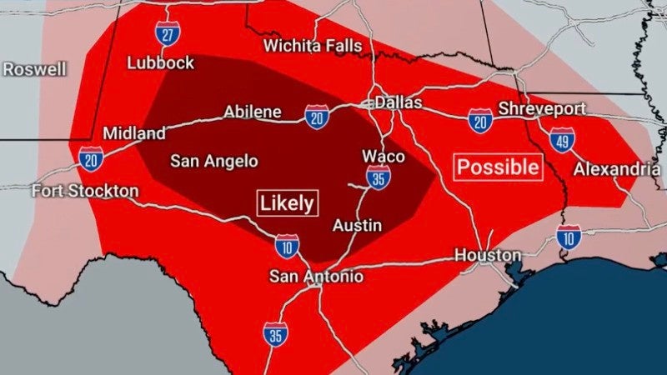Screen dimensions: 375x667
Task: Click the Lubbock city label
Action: pyautogui.click(x=161, y=62)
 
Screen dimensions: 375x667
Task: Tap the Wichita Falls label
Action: pyautogui.click(x=313, y=45)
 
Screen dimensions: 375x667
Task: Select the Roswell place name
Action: pyautogui.click(x=34, y=69)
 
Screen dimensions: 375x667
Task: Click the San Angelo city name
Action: pyautogui.click(x=213, y=161)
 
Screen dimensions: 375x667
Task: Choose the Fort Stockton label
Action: pyautogui.click(x=85, y=191)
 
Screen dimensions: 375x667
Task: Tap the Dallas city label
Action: pyautogui.click(x=398, y=103)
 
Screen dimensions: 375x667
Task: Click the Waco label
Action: pyautogui.click(x=384, y=157)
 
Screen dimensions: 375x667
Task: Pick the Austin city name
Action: pyautogui.click(x=357, y=225)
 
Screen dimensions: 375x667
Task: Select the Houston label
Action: pyautogui.click(x=488, y=255)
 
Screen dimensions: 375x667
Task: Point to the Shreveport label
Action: pyautogui.click(x=541, y=109)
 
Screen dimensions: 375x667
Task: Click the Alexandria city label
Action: pyautogui.click(x=617, y=169)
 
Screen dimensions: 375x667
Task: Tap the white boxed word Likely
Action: pyautogui.click(x=287, y=202)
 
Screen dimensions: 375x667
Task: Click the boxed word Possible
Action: pyautogui.click(x=499, y=167)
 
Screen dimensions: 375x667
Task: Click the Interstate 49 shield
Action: pyautogui.click(x=563, y=140)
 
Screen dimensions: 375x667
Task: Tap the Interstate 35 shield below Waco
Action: pyautogui.click(x=379, y=177)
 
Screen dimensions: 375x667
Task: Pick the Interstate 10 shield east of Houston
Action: pyautogui.click(x=569, y=237)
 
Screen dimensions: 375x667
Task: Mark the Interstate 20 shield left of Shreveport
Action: pyautogui.click(x=479, y=121)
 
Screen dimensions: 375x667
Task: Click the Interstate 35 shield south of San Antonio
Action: pyautogui.click(x=275, y=333)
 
